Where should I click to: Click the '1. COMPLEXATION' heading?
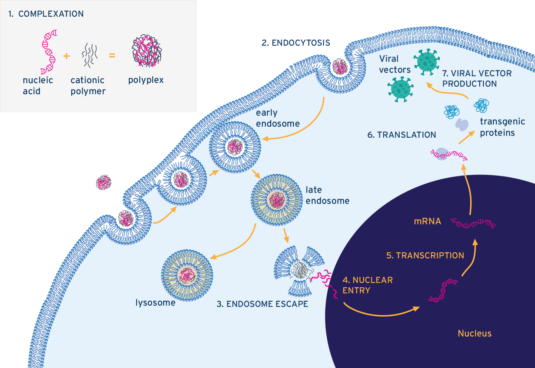point(46,14)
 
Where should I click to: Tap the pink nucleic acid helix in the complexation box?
point(49,52)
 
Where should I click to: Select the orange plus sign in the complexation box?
point(66,56)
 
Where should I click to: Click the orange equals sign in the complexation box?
point(112,56)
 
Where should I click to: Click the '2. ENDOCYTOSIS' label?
point(296,43)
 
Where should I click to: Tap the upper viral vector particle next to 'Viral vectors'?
point(426,62)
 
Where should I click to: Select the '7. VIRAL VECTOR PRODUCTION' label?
point(476,78)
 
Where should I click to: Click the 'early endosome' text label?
point(278,118)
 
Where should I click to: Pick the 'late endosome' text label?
point(327,195)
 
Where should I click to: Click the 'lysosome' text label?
point(155,303)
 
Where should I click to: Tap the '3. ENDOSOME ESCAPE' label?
point(262,304)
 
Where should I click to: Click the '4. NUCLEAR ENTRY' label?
point(367,285)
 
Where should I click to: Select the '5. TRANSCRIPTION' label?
point(425,256)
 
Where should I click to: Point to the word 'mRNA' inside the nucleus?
point(427,221)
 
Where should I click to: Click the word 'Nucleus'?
point(475,333)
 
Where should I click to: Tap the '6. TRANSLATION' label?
point(402,135)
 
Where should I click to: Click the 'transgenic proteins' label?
point(502,127)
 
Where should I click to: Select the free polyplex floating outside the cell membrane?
point(104,182)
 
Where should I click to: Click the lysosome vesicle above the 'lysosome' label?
point(187,275)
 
